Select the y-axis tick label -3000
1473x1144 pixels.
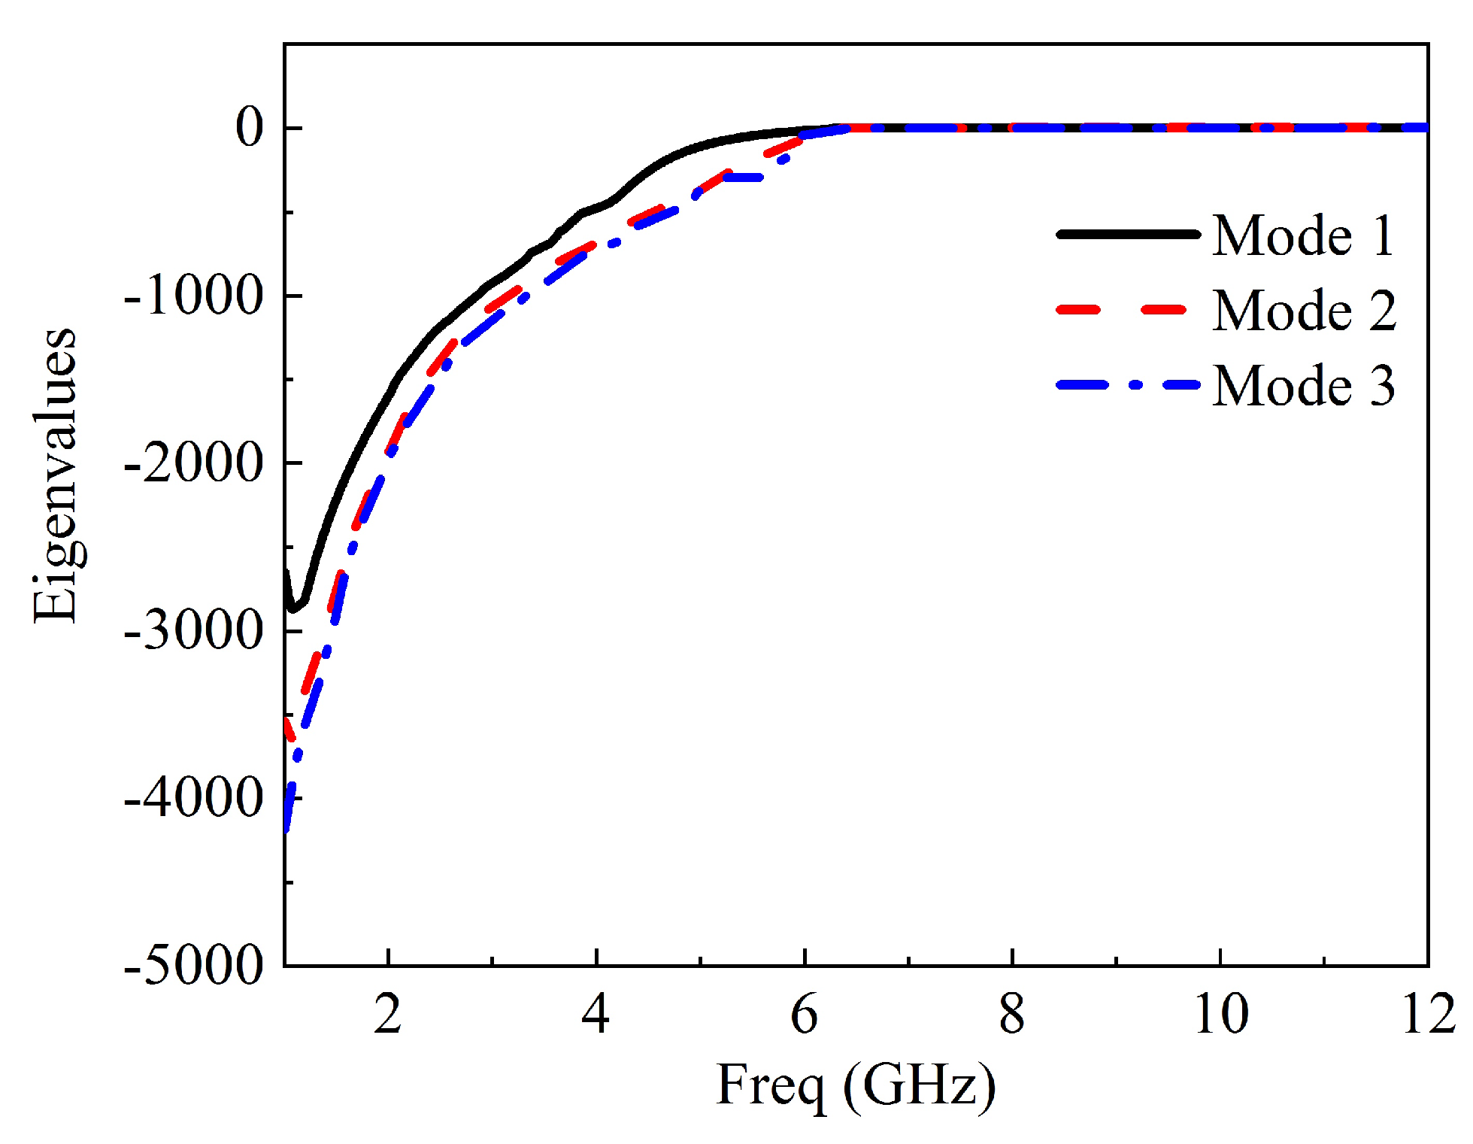(x=193, y=631)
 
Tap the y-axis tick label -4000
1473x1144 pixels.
(x=193, y=798)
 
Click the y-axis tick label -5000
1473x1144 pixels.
(x=193, y=965)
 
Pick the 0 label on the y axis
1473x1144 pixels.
(x=250, y=128)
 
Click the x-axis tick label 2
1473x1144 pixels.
(x=387, y=1015)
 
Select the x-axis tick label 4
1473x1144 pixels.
(x=596, y=1015)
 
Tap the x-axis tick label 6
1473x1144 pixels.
(x=804, y=1015)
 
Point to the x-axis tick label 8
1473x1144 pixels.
(x=1012, y=1015)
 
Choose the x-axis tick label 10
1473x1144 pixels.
(x=1220, y=1015)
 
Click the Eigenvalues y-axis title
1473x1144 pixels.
(x=55, y=476)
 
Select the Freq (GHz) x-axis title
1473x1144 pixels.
(x=856, y=1085)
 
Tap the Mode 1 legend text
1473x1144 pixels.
(x=1303, y=236)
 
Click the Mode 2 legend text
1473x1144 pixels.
(x=1303, y=311)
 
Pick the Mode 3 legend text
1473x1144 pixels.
(x=1303, y=386)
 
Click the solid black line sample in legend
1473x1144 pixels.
(x=1126, y=235)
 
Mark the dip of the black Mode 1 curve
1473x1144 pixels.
(x=293, y=608)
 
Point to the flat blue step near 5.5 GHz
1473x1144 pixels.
(x=744, y=178)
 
